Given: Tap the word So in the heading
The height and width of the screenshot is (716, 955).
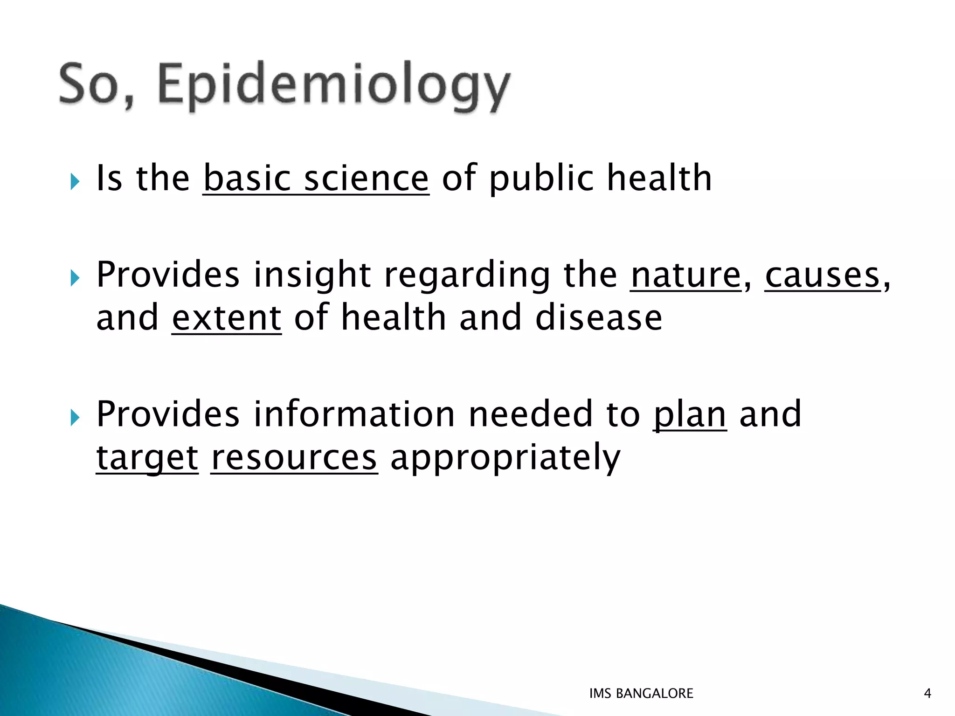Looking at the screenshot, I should [x=96, y=84].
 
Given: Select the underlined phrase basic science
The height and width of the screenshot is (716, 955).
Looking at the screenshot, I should [x=316, y=179].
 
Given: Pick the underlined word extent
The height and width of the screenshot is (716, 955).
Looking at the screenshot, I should [x=227, y=318].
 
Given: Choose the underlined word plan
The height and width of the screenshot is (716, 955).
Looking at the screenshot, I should [x=690, y=414].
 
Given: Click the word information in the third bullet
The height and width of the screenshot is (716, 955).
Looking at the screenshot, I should [x=354, y=414].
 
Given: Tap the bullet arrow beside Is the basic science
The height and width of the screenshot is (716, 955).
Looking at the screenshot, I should [x=75, y=181].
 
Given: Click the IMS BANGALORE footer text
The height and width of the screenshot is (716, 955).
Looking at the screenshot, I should [x=641, y=694].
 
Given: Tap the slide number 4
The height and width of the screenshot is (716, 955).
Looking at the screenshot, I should [x=927, y=694].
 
